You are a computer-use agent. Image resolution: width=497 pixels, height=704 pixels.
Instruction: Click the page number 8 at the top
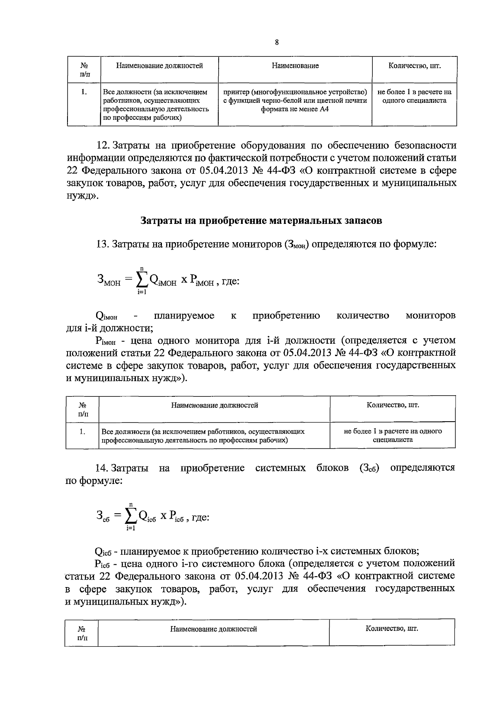(276, 42)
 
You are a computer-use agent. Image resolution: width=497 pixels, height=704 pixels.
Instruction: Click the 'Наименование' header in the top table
(295, 66)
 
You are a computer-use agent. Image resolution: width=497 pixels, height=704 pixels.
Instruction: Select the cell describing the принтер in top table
(295, 101)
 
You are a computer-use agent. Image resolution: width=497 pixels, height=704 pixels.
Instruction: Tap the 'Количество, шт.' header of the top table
(414, 66)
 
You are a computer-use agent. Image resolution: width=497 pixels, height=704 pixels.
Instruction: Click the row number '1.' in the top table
(84, 92)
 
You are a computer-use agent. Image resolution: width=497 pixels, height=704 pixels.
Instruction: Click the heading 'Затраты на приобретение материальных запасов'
(261, 221)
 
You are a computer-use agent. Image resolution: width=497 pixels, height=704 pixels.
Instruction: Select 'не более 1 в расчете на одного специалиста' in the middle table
(393, 435)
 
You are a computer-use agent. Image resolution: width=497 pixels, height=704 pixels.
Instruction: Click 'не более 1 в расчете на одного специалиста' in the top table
(414, 96)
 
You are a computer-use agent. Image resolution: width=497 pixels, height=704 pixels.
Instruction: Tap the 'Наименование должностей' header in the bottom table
(214, 629)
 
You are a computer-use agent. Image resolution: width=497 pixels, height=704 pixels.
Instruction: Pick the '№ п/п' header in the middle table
(82, 409)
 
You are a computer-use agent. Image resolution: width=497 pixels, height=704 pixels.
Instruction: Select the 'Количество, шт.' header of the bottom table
(392, 629)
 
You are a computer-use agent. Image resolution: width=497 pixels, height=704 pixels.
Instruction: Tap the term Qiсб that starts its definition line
(103, 552)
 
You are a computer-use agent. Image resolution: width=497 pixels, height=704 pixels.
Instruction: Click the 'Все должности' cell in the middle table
(203, 435)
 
